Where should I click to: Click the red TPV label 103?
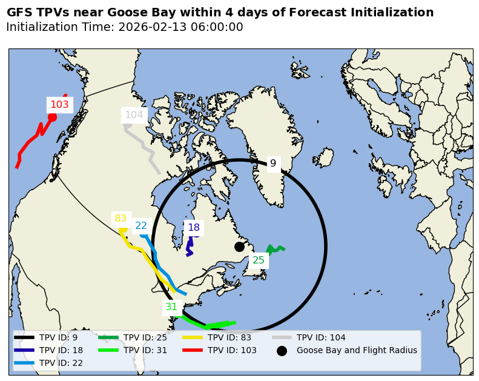(59, 105)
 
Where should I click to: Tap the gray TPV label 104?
(134, 114)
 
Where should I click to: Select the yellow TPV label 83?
(121, 219)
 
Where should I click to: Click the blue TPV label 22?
(141, 226)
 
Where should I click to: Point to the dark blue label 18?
(194, 228)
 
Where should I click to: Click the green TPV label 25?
(259, 260)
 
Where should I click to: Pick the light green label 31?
(171, 307)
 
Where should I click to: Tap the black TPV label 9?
(273, 164)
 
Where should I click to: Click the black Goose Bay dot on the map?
(239, 247)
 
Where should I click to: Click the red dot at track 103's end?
(52, 118)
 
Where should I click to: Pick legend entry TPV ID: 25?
(145, 337)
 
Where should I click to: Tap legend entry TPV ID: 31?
(145, 350)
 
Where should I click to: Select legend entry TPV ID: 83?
(230, 337)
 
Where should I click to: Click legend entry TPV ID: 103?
(232, 350)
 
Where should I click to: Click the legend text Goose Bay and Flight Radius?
(357, 350)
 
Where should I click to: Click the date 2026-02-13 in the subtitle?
(148, 27)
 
